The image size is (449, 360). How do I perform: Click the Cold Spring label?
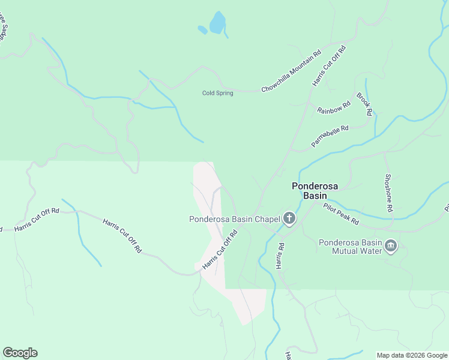[x=217, y=93]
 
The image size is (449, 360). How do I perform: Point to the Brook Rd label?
[x=364, y=104]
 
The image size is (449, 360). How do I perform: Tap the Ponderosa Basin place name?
[x=309, y=191]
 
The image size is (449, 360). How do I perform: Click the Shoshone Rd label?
[x=389, y=193]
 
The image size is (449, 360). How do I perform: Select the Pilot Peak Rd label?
[x=341, y=214]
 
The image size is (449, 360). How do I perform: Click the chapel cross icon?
[x=289, y=218]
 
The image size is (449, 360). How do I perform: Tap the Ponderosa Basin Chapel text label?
[x=235, y=219]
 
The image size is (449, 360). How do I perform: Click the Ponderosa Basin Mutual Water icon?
[x=391, y=245]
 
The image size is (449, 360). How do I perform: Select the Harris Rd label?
[x=280, y=256]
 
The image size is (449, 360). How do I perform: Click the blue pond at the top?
[x=217, y=23]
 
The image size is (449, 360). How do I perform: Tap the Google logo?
[x=20, y=353]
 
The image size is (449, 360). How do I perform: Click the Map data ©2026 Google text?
[x=412, y=355]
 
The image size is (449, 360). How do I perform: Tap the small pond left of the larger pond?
[x=202, y=30]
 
